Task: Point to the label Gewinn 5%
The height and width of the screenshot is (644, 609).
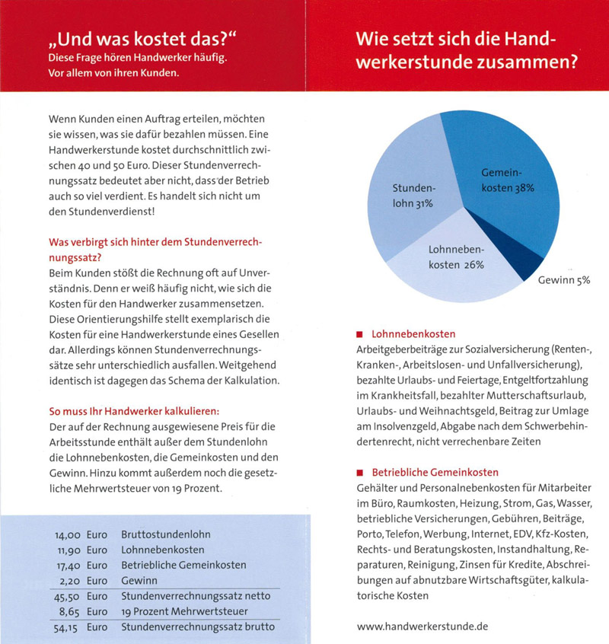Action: pyautogui.click(x=564, y=279)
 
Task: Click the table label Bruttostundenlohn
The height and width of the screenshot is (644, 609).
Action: pyautogui.click(x=166, y=534)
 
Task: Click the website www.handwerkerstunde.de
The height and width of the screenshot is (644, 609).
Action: pyautogui.click(x=422, y=625)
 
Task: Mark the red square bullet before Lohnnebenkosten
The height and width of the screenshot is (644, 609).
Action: pyautogui.click(x=359, y=334)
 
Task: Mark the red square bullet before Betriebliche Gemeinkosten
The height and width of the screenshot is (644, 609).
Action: pyautogui.click(x=359, y=472)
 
